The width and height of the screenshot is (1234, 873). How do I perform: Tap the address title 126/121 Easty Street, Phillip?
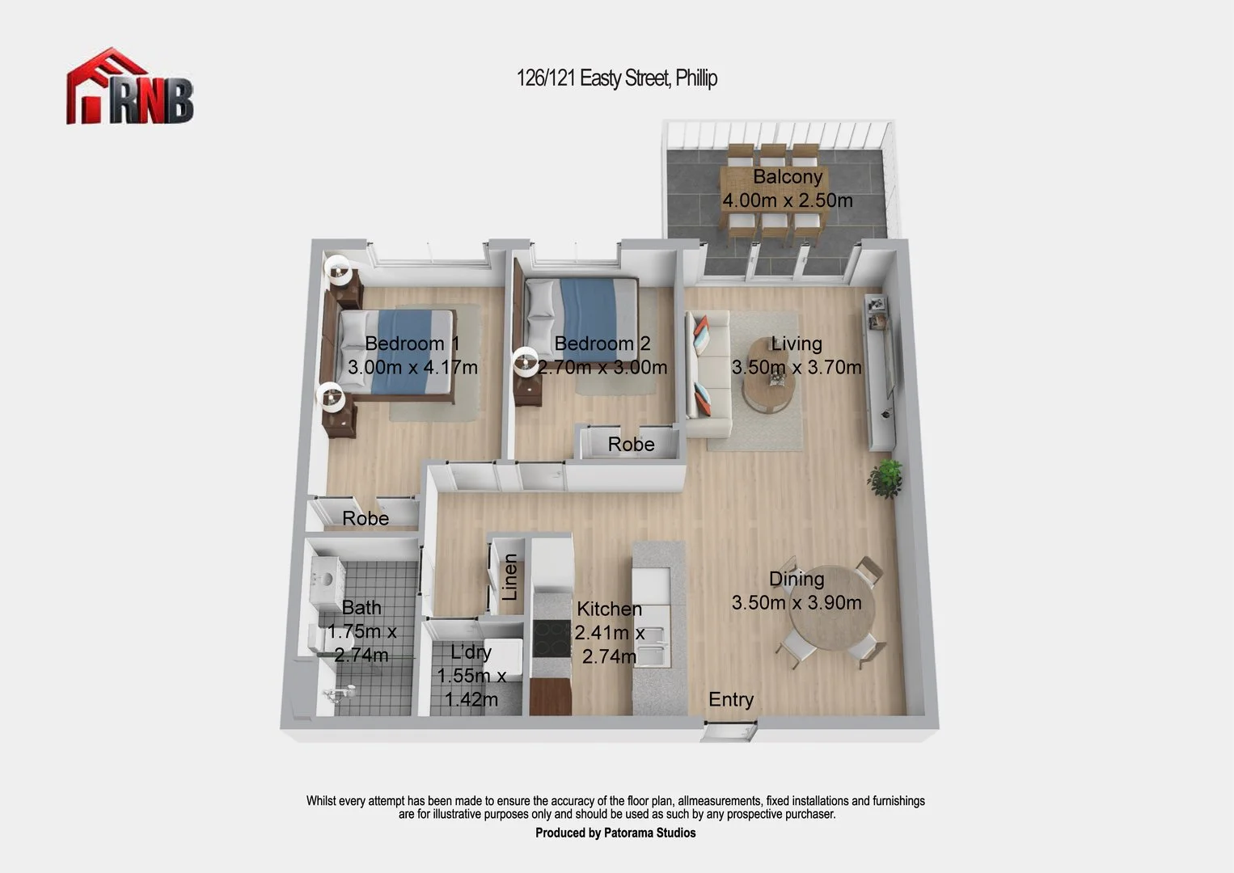pos(616,78)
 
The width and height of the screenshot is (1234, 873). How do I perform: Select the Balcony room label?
pos(787,177)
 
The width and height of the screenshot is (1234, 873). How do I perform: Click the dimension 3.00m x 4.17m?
pos(412,368)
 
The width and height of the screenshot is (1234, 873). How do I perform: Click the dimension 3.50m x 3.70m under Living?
pos(796,368)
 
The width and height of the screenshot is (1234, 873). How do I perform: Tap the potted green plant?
pos(887,478)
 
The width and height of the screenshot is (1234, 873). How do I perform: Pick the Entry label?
pos(730,700)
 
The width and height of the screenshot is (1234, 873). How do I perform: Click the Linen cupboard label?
pos(509,577)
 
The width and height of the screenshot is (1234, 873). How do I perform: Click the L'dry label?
pos(471,652)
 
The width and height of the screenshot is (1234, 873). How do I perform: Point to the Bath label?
pos(361,608)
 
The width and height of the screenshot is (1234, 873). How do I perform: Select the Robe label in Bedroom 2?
pos(631,445)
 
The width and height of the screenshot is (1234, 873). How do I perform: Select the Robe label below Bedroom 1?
pos(366,518)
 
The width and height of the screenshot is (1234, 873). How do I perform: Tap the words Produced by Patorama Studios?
pos(615,833)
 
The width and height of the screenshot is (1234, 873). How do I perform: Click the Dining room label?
pos(796,579)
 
